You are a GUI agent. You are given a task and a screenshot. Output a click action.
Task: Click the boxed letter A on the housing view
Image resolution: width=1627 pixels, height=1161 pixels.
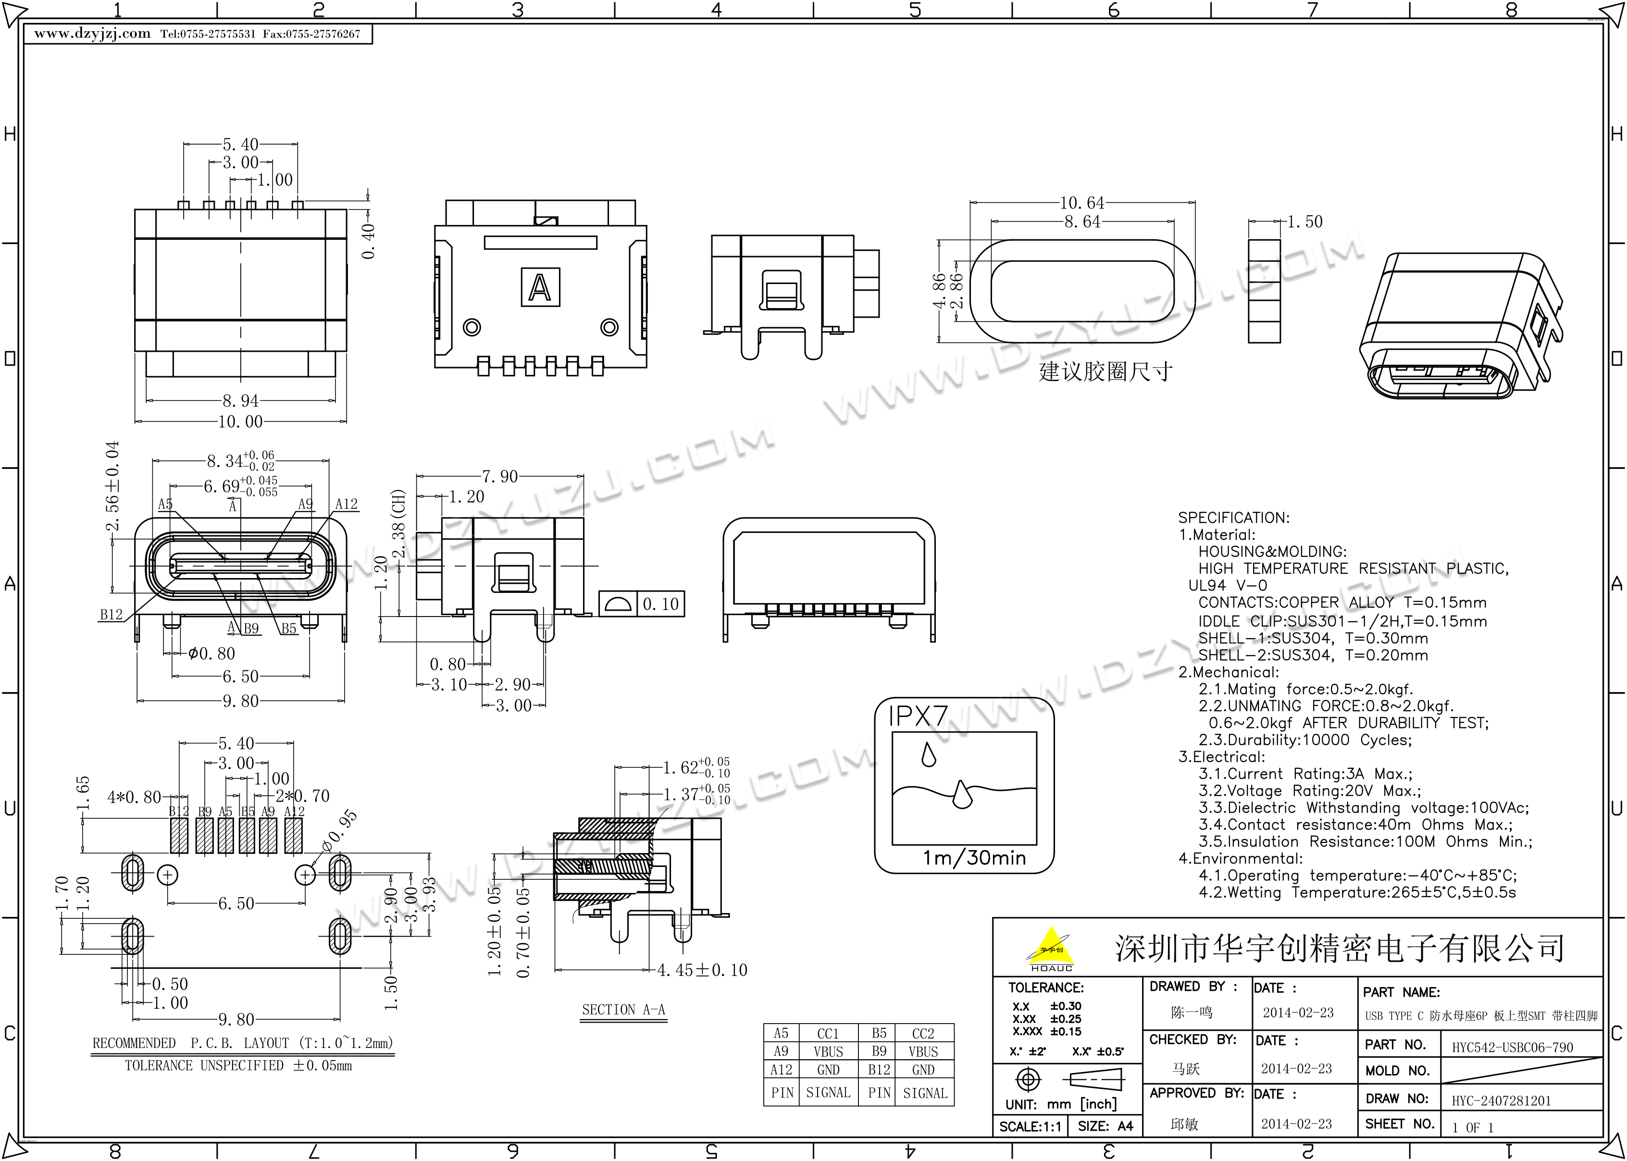click(540, 287)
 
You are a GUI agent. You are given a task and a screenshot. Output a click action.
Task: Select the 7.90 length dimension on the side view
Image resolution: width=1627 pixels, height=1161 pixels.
click(500, 476)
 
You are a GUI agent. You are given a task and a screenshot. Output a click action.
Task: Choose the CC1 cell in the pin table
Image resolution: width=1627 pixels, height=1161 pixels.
click(828, 1034)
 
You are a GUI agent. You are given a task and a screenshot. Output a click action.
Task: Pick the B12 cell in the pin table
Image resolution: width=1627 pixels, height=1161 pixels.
click(879, 1070)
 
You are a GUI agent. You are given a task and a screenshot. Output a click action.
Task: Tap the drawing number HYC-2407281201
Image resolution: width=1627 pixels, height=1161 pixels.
click(1501, 1101)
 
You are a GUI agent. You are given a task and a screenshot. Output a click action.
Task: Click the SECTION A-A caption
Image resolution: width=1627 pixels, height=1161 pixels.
click(623, 1010)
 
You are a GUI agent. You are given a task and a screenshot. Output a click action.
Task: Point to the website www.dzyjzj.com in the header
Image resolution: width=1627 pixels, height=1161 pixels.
click(92, 34)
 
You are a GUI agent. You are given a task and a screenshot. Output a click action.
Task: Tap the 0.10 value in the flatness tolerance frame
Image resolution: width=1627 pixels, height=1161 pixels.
click(660, 604)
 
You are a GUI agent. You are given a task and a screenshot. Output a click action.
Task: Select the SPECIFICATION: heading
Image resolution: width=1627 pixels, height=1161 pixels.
click(1234, 518)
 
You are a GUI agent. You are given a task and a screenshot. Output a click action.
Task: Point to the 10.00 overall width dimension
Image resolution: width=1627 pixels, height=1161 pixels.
click(240, 422)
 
